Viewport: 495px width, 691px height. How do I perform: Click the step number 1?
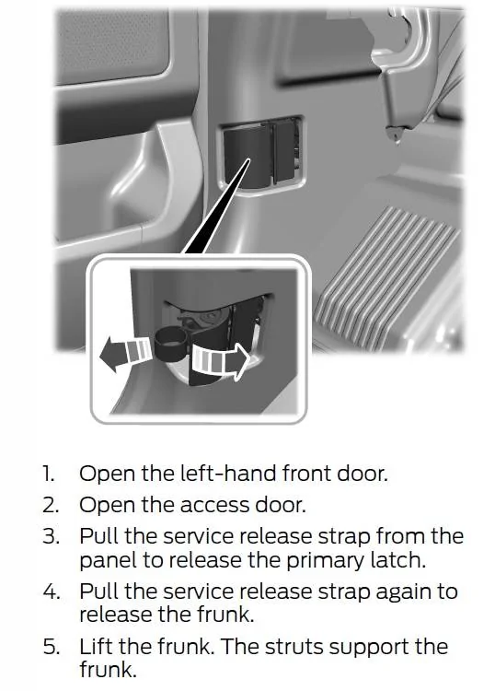[x=49, y=474]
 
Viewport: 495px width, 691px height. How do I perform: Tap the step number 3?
[x=51, y=537]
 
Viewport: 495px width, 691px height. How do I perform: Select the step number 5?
[x=51, y=647]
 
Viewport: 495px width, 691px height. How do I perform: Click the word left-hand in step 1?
[x=228, y=473]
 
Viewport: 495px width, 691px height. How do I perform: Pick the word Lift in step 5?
[x=96, y=646]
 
